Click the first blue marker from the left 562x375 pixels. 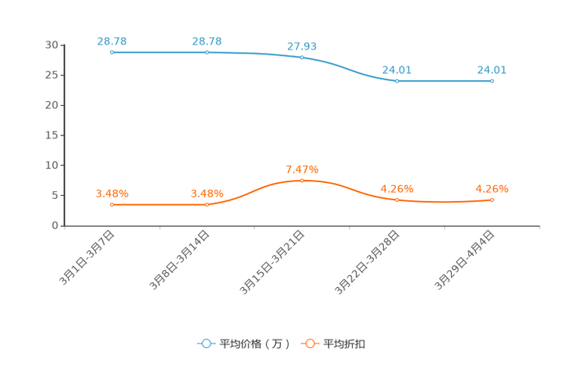tap(112, 52)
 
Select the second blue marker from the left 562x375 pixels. tap(206, 52)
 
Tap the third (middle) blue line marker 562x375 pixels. tap(301, 57)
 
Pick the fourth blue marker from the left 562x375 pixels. tap(397, 80)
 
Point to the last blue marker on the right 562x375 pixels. tap(492, 80)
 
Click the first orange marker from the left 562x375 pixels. tap(112, 205)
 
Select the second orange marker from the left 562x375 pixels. tap(206, 205)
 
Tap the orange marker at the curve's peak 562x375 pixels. tap(301, 180)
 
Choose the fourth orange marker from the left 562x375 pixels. tap(397, 200)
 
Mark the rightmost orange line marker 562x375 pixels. tap(492, 200)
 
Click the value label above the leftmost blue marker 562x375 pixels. tap(111, 40)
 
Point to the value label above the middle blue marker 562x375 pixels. tap(301, 46)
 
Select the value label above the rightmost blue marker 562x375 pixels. tap(491, 70)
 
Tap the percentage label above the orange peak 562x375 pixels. tap(301, 168)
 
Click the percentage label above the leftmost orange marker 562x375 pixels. tap(111, 194)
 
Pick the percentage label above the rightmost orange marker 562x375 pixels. tap(492, 188)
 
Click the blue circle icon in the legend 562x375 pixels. tap(206, 343)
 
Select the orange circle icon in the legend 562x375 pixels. tap(310, 343)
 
